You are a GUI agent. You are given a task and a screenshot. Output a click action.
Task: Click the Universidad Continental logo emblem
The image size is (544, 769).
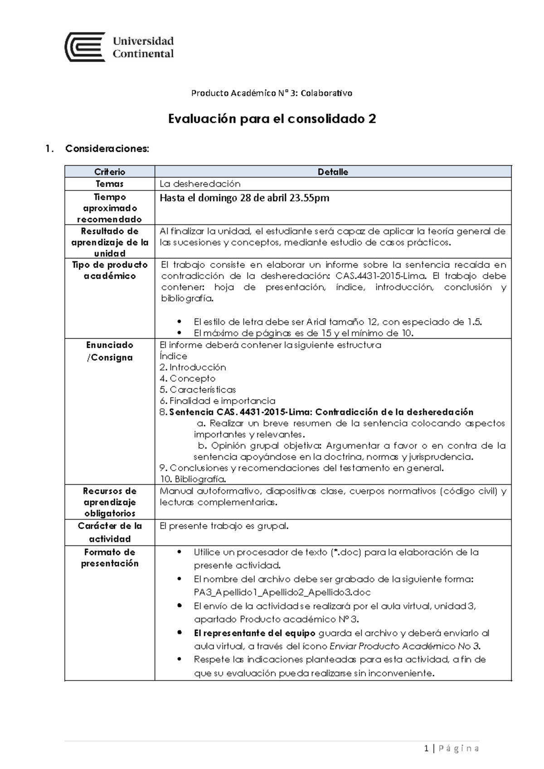coord(85,47)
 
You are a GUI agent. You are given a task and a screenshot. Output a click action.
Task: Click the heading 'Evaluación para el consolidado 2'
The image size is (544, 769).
coord(272,119)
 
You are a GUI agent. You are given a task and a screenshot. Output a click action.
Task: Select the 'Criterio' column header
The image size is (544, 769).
coord(110,172)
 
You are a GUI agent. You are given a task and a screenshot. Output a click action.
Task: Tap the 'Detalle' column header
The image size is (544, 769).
coord(333,172)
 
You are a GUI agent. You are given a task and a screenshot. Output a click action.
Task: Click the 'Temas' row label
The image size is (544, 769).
coord(110,184)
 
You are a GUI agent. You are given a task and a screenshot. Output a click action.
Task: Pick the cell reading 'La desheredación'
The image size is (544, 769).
coord(200,184)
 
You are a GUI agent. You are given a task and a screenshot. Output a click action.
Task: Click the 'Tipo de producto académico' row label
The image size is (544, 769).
coord(110,270)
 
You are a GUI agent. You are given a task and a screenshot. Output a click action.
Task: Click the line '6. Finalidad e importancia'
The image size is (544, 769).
coord(217,401)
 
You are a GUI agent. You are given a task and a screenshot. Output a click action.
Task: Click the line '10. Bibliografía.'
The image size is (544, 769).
coord(193,479)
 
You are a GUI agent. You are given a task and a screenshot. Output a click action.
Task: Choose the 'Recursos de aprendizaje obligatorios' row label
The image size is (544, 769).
coord(110,502)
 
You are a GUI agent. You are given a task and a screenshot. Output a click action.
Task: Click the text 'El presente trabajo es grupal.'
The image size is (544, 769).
coord(224,526)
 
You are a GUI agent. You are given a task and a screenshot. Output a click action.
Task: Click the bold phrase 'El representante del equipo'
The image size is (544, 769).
coord(254,633)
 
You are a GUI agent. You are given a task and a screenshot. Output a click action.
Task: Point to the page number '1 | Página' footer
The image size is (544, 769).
coord(452,749)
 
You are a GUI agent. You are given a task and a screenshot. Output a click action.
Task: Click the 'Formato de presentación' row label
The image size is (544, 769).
coord(110,558)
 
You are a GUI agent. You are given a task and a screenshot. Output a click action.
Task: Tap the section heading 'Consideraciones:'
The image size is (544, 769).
coord(107,149)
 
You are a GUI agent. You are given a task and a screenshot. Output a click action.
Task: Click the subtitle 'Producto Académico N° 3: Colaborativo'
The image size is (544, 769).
coord(272,93)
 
